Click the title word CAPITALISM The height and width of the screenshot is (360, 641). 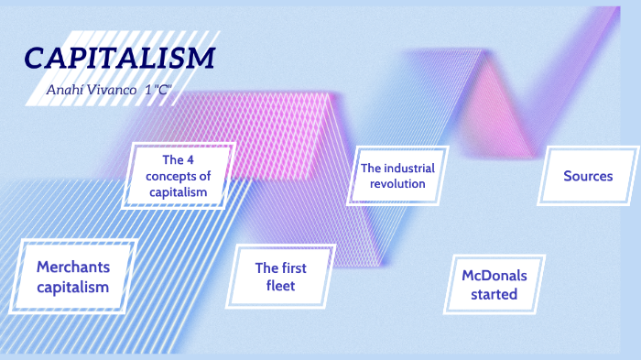pyautogui.click(x=120, y=58)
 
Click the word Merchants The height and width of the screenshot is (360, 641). pyautogui.click(x=73, y=267)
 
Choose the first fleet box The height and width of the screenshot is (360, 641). pyautogui.click(x=280, y=277)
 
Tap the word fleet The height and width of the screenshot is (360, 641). pyautogui.click(x=280, y=287)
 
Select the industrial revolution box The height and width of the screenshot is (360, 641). pyautogui.click(x=397, y=176)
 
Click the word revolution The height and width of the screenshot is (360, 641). pyautogui.click(x=397, y=183)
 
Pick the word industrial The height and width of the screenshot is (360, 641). pyautogui.click(x=408, y=169)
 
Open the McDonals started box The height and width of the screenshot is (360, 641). pyautogui.click(x=494, y=285)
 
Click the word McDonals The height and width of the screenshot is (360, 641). pyautogui.click(x=494, y=276)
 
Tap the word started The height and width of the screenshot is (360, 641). pyautogui.click(x=494, y=294)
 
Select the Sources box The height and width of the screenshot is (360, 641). pyautogui.click(x=588, y=176)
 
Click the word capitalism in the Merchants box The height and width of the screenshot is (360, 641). pyautogui.click(x=73, y=287)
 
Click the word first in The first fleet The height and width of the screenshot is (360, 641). pyautogui.click(x=293, y=267)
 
